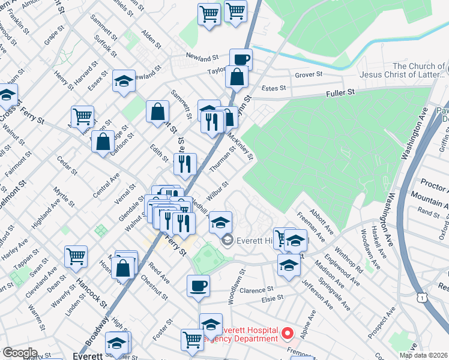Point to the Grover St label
(309, 75)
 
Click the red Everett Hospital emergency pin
(288, 332)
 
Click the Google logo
(20, 353)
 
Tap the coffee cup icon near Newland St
(241, 59)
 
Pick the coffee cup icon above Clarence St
(198, 285)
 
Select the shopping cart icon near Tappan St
(76, 256)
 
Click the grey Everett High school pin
(227, 241)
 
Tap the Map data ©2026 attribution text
(423, 355)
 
